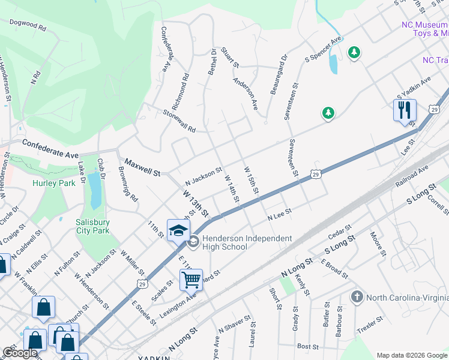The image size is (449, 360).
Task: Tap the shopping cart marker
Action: tap(191, 279)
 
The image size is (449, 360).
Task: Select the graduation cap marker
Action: tap(178, 230)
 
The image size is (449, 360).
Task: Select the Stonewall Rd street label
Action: tap(180, 120)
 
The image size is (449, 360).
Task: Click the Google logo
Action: tap(20, 353)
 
